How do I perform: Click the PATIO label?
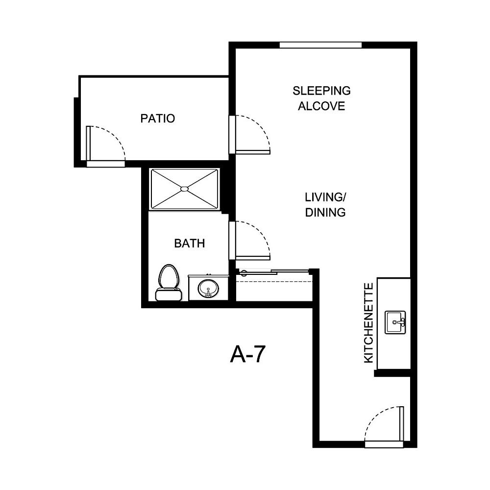coord(157,118)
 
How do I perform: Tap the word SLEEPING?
coord(321,91)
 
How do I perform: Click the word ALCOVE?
coord(321,106)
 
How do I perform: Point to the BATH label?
coord(189,243)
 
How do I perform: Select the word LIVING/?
coord(326,197)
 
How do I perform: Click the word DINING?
coord(326,212)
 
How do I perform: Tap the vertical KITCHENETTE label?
coord(368,323)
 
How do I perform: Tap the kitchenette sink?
coord(396,322)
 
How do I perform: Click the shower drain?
coord(184,189)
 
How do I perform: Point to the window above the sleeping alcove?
coord(320,45)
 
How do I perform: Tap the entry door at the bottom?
coord(385,426)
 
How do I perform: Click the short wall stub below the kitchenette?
coord(392,373)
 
